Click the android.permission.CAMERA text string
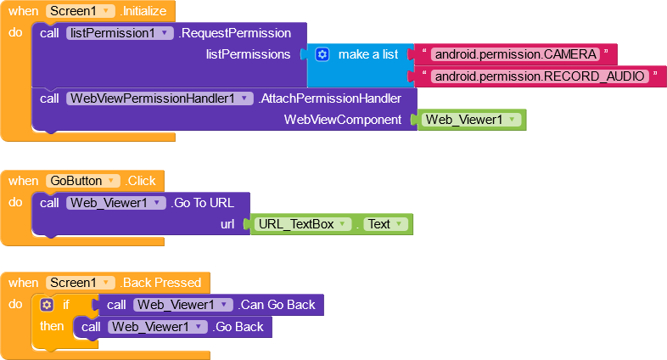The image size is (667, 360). (516, 54)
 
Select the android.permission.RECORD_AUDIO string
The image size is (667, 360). (540, 76)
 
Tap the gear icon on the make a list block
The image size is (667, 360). (322, 54)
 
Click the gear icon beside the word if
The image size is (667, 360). (47, 305)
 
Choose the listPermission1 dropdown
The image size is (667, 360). (120, 33)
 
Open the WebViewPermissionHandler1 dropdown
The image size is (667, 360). (160, 98)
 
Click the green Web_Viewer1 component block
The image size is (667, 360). (471, 120)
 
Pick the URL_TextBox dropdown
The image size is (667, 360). (303, 224)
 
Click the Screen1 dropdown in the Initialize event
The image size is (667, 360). (81, 11)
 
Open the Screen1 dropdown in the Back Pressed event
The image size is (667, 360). (81, 283)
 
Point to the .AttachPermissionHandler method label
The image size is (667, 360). (330, 98)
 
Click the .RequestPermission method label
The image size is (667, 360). (235, 33)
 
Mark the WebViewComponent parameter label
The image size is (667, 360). (343, 120)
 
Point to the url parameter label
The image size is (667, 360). (227, 224)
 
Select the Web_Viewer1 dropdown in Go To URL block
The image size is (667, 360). (116, 203)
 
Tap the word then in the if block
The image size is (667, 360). (52, 326)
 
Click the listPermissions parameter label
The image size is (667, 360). (249, 54)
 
